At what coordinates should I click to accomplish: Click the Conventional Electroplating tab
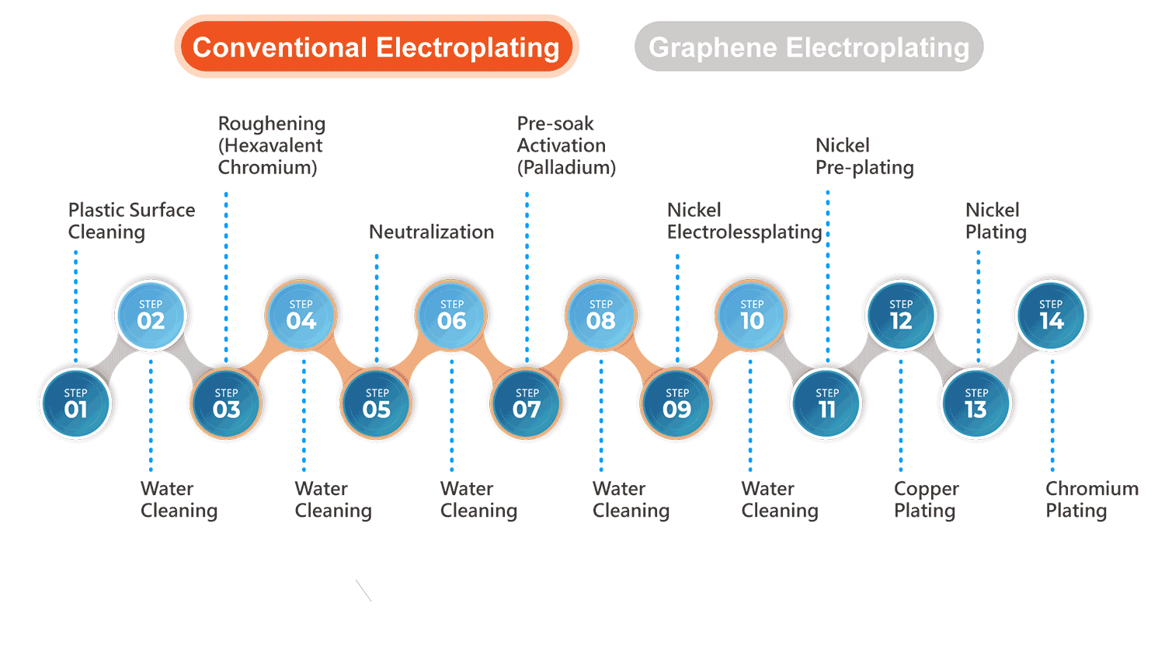click(x=377, y=47)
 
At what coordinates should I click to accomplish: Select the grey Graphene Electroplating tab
click(x=809, y=47)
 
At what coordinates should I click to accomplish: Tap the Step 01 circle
click(x=76, y=403)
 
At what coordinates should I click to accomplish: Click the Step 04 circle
click(x=301, y=315)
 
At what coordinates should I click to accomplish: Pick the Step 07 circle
click(x=527, y=403)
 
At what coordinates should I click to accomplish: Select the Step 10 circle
click(x=752, y=315)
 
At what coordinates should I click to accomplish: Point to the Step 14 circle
click(x=1052, y=315)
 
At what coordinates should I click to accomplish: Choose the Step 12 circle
click(x=901, y=315)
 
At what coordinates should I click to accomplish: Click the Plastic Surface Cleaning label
click(x=131, y=221)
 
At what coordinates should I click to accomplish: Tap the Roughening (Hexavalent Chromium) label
click(x=272, y=145)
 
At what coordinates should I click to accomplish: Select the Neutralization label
click(x=431, y=232)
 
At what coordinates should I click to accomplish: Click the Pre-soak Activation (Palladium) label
click(x=566, y=145)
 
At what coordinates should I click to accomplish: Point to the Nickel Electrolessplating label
click(x=744, y=221)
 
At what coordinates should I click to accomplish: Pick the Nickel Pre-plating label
click(x=864, y=156)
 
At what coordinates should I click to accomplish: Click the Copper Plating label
click(x=926, y=499)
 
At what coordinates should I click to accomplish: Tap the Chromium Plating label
click(x=1091, y=499)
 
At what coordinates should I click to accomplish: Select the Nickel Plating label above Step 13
click(x=996, y=221)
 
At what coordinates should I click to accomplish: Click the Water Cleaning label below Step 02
click(x=179, y=499)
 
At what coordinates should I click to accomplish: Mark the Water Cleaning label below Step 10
click(x=780, y=499)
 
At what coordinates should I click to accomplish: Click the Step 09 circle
click(x=676, y=403)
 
